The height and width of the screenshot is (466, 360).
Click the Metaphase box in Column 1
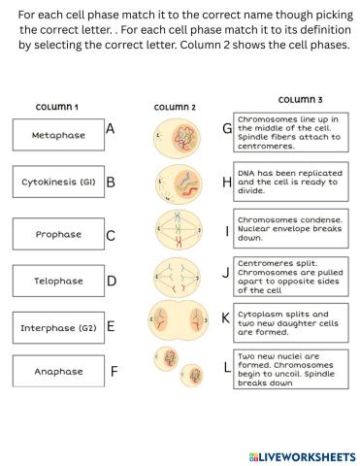pos(57,135)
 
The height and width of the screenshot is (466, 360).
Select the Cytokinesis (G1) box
pos(57,182)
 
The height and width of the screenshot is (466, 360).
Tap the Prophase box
pos(57,234)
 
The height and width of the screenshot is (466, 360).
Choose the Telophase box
pos(57,281)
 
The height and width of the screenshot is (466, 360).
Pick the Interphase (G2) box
pos(57,327)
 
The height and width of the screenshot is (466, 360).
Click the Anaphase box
pos(57,371)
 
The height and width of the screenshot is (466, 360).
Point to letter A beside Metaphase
pos(111,129)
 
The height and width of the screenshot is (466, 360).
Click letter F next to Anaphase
pos(114,371)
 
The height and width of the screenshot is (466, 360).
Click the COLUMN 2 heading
pos(175,107)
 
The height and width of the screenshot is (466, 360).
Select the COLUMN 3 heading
pos(301,100)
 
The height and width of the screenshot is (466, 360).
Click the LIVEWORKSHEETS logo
pos(302,454)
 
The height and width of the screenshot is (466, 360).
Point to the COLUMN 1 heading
pos(57,107)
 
